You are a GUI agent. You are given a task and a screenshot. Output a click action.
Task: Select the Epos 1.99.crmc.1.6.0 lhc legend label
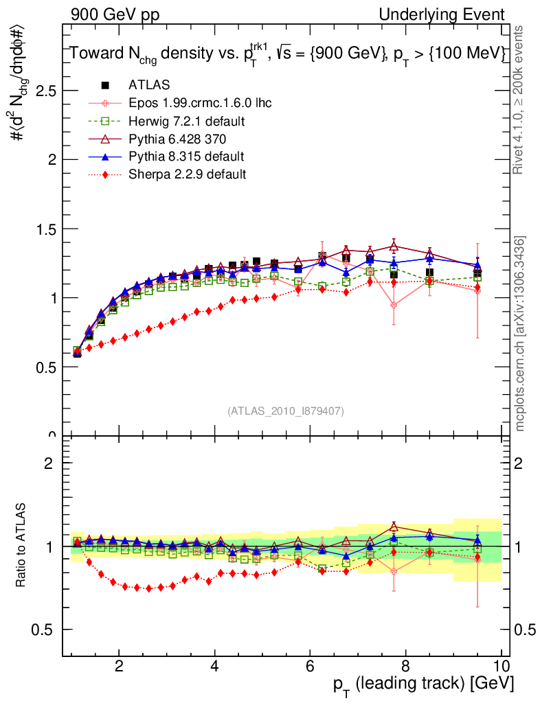[x=200, y=103]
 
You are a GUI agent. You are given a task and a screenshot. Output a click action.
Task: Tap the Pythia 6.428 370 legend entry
[x=177, y=139]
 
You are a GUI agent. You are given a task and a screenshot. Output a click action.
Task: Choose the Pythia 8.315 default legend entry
[x=186, y=157]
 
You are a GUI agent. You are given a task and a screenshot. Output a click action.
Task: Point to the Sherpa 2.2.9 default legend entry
[x=187, y=174]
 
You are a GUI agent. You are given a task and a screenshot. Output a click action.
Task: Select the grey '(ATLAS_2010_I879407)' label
[x=286, y=411]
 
